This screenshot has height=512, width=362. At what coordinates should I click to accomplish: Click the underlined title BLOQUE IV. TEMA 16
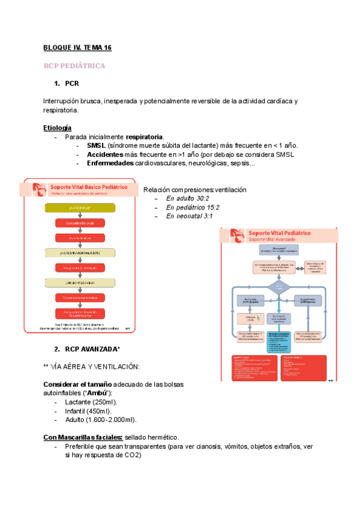pos(77,47)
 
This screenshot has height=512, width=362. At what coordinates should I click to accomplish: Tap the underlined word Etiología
pos(57,128)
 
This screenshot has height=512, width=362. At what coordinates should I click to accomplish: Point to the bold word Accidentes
pos(105,155)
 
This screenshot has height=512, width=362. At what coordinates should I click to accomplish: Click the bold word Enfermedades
pos(111,163)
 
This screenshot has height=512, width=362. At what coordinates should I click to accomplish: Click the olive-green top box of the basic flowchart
pos(79,208)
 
